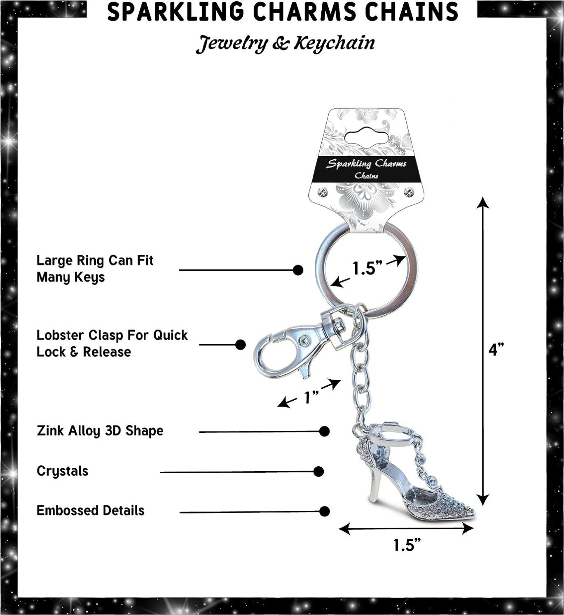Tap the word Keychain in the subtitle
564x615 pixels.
click(x=334, y=44)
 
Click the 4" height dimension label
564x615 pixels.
click(x=496, y=350)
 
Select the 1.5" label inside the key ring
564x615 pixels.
click(x=368, y=268)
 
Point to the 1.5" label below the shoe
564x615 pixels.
click(x=407, y=545)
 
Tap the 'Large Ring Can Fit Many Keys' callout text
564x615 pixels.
click(x=95, y=269)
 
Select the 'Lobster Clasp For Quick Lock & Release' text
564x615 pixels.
click(x=112, y=343)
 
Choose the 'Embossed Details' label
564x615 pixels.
click(x=90, y=510)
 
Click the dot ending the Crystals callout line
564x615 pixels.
click(x=318, y=472)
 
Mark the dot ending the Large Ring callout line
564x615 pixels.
click(x=298, y=270)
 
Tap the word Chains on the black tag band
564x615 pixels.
click(x=366, y=176)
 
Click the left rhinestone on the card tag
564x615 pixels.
click(x=323, y=192)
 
